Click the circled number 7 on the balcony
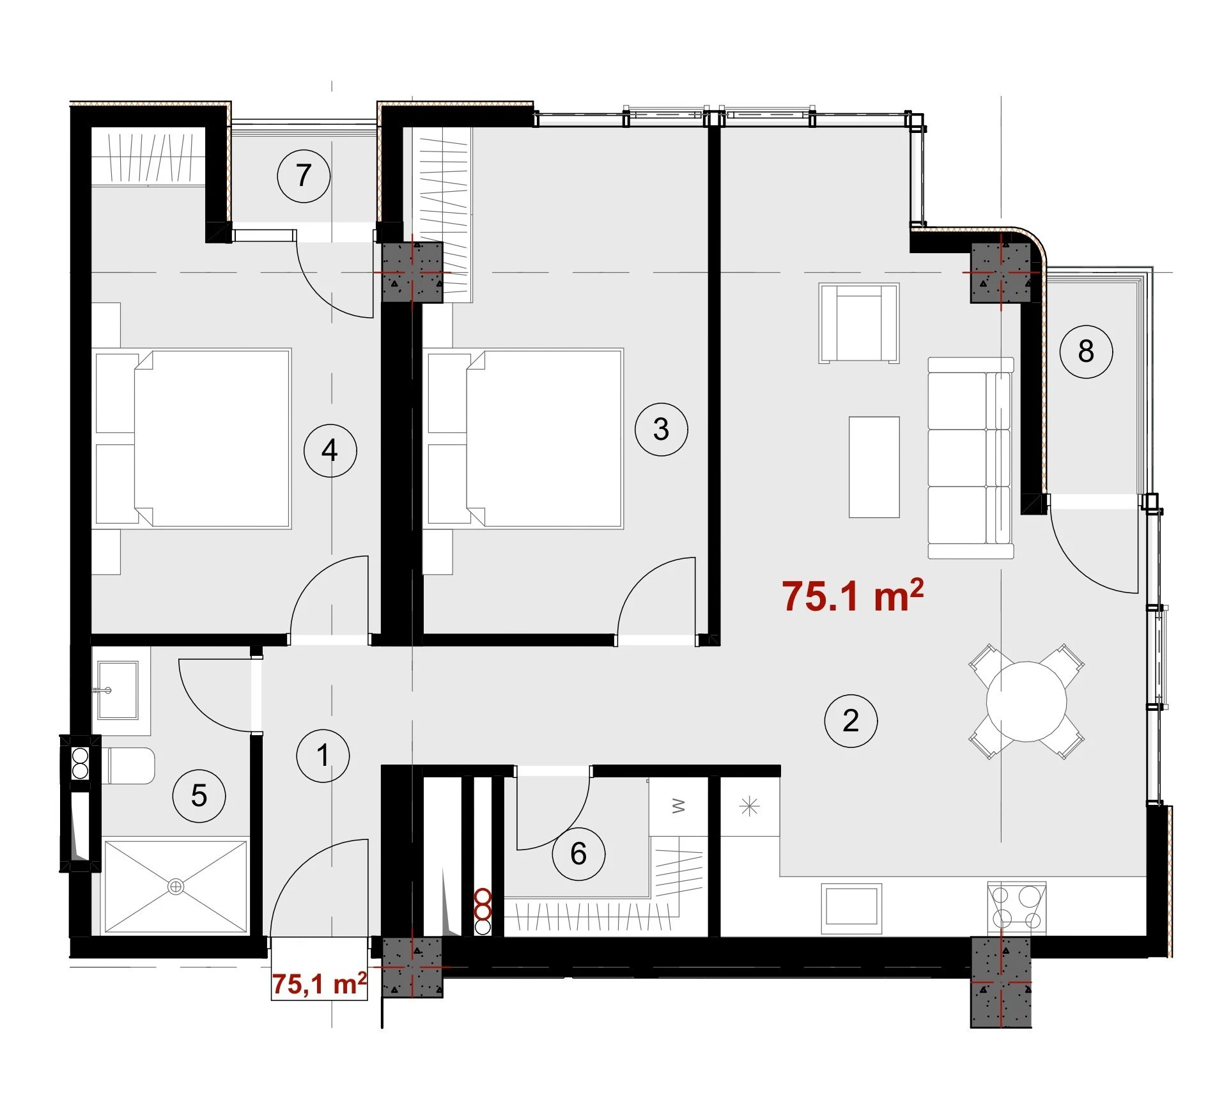click(x=304, y=176)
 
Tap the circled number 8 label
click(x=1086, y=352)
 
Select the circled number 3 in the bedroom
click(x=662, y=429)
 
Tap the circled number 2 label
click(x=851, y=721)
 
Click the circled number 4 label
click(x=330, y=451)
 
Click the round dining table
click(x=1026, y=701)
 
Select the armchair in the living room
click(x=859, y=323)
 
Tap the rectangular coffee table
click(x=874, y=467)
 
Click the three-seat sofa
click(x=971, y=458)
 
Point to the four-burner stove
click(x=1017, y=908)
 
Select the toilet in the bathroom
click(x=128, y=766)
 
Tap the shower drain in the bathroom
click(x=176, y=887)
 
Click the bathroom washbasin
click(x=117, y=690)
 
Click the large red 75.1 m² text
click(x=853, y=596)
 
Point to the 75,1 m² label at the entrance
click(x=319, y=983)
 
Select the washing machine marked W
click(x=678, y=807)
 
